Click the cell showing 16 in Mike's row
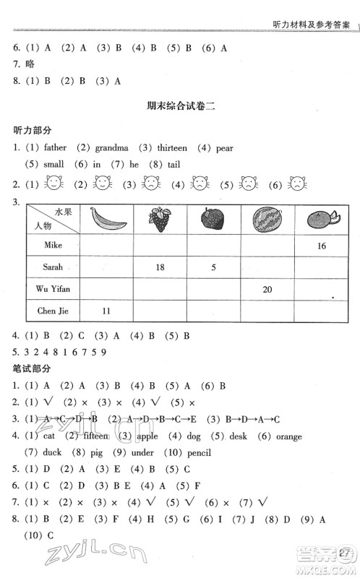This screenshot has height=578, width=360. coord(321,246)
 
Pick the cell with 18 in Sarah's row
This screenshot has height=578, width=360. coord(160,267)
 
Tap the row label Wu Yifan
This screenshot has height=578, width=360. coord(52,289)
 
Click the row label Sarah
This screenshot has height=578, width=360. coord(52,267)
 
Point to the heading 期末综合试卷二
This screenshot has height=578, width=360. coord(181,106)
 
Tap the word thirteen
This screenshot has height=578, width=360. coord(171,148)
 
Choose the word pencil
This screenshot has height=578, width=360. coord(196,453)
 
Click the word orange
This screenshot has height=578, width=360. coord(289,436)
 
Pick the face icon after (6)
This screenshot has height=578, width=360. coord(296,184)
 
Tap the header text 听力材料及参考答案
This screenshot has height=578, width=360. coord(309,24)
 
